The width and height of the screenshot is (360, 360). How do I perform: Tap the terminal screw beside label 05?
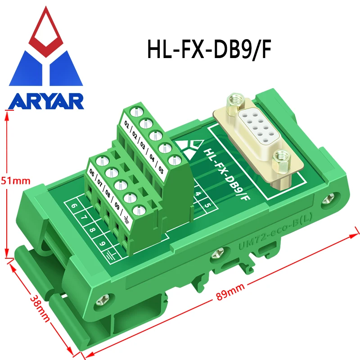click(174, 161)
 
